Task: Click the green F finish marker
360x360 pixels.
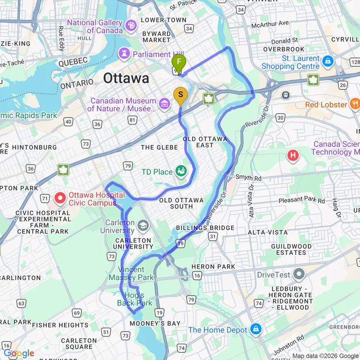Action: point(179,62)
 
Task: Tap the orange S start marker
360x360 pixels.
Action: point(180,95)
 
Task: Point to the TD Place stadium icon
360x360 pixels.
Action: point(181,170)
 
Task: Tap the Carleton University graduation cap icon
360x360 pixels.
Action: point(143,225)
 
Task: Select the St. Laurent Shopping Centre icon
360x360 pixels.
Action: point(328,61)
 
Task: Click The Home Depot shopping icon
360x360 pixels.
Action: point(256,329)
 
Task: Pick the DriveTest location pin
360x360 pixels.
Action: point(299,275)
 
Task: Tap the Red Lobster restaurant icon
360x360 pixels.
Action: point(355,104)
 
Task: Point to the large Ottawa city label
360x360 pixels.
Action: point(126,78)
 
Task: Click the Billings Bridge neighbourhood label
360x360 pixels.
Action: point(205,228)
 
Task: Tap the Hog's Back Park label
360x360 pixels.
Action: point(134,299)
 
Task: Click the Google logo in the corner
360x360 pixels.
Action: point(19,354)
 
